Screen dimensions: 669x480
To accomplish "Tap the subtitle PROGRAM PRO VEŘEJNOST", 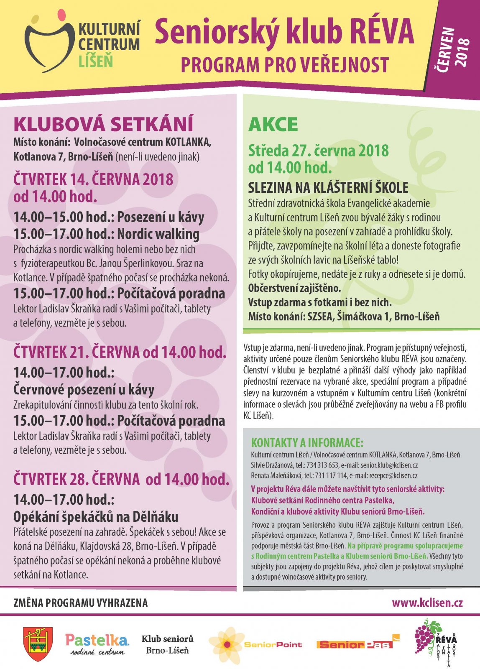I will pos(285,65).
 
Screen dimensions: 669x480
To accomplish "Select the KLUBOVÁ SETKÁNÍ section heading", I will pos(103,124).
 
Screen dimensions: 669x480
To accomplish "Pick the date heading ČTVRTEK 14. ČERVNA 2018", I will pos(93,179).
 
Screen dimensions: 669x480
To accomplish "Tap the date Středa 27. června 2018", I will pos(318,150).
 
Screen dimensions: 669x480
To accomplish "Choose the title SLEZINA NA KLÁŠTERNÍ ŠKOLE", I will pos(328,188).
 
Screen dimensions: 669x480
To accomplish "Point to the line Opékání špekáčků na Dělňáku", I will pos(96,517).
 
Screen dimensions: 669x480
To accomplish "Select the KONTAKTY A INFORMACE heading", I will pos(307,443).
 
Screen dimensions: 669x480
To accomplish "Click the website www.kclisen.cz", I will pos(427,603).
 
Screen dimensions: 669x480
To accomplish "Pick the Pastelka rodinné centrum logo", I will pos(97,644).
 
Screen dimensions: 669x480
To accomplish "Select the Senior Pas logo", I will pos(358,644).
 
